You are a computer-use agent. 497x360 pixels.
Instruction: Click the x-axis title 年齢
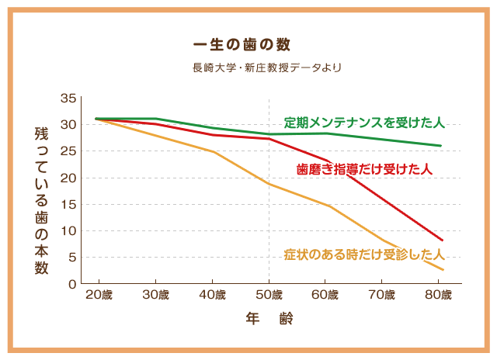269,318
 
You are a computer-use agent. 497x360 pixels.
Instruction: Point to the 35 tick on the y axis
68,98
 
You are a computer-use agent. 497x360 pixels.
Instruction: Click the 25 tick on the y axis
68,151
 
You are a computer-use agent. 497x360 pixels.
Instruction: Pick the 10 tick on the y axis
68,231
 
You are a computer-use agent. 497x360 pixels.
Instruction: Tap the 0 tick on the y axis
71,284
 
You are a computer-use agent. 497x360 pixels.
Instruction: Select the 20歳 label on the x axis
99,295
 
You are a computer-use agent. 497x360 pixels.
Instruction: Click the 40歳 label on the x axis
212,295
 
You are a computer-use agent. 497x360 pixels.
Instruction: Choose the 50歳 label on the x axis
269,295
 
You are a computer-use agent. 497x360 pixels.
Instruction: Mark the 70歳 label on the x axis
381,295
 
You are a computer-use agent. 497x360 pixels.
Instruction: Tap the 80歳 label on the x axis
438,295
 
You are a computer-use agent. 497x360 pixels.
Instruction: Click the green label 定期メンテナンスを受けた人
363,123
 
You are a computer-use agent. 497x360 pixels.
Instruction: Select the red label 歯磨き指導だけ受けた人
364,168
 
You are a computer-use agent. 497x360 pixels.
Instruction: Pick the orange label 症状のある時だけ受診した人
363,254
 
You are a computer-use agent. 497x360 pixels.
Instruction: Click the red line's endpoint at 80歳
442,240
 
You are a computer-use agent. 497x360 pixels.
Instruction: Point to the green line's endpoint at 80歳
441,146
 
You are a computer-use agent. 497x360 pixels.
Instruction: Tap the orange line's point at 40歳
213,151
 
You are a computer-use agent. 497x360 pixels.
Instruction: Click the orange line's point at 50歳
269,184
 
